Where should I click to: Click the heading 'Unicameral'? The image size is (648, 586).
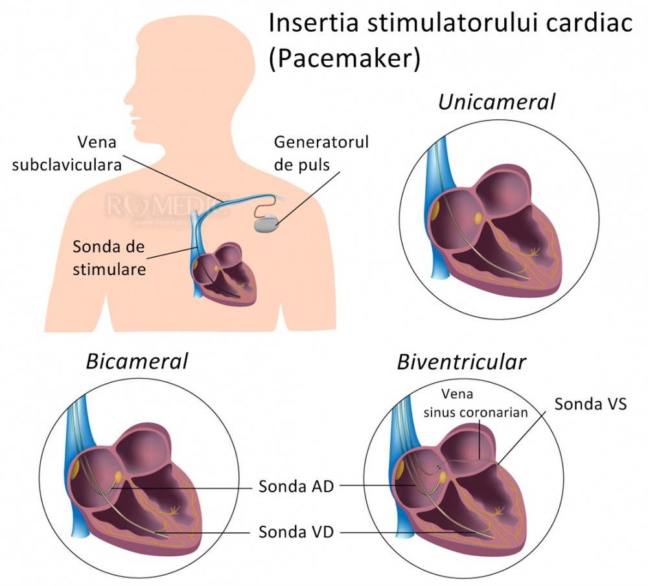496,102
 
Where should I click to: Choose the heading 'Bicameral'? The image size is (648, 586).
137,361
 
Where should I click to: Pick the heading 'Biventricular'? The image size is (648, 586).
461,361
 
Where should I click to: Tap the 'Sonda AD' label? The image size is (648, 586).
296,486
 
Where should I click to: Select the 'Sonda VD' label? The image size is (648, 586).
296,532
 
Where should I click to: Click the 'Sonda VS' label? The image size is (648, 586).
590,404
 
